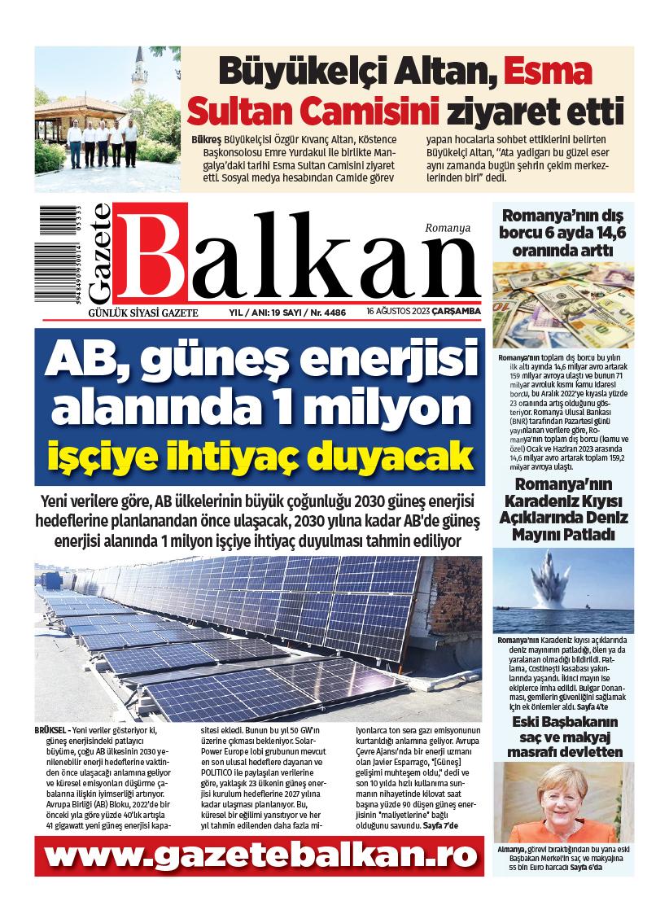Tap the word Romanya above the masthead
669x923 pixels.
(448, 230)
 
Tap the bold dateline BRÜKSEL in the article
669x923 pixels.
(52, 729)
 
